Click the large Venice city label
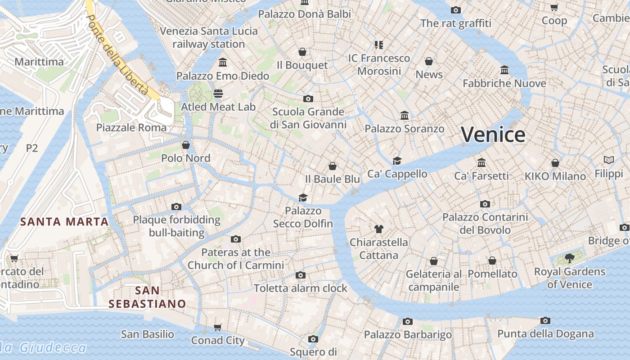pos(493,135)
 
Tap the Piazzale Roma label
pos(131,127)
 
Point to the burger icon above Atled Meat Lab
pos(218,94)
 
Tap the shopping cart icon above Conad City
pos(218,327)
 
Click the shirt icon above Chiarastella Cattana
pos(378,229)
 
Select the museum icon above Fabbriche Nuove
pos(504,70)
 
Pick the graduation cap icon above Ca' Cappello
pos(397,161)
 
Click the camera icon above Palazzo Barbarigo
pos(408,321)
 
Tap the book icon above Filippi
pos(609,160)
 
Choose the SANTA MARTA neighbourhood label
pos(64,221)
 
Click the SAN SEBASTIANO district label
pos(147,297)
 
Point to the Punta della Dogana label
pos(545,334)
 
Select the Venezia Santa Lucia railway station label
pos(209,37)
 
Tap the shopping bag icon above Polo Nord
pos(186,145)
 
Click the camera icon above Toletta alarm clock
pos(301,275)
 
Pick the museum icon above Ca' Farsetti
pos(481,162)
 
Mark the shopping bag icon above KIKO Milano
pos(555,163)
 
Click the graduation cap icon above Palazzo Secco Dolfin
pos(303,198)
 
